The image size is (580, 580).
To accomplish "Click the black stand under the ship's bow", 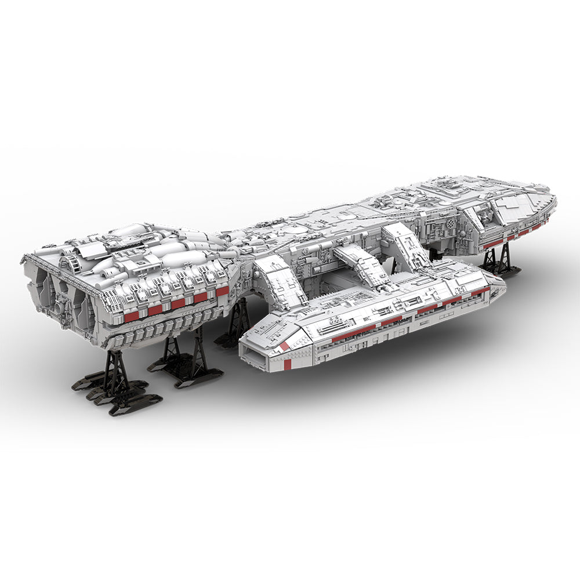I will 496,259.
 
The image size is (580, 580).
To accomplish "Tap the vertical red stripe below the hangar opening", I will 288,364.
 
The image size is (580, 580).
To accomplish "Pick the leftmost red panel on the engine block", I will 132,316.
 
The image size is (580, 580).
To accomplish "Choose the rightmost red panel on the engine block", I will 222,291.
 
